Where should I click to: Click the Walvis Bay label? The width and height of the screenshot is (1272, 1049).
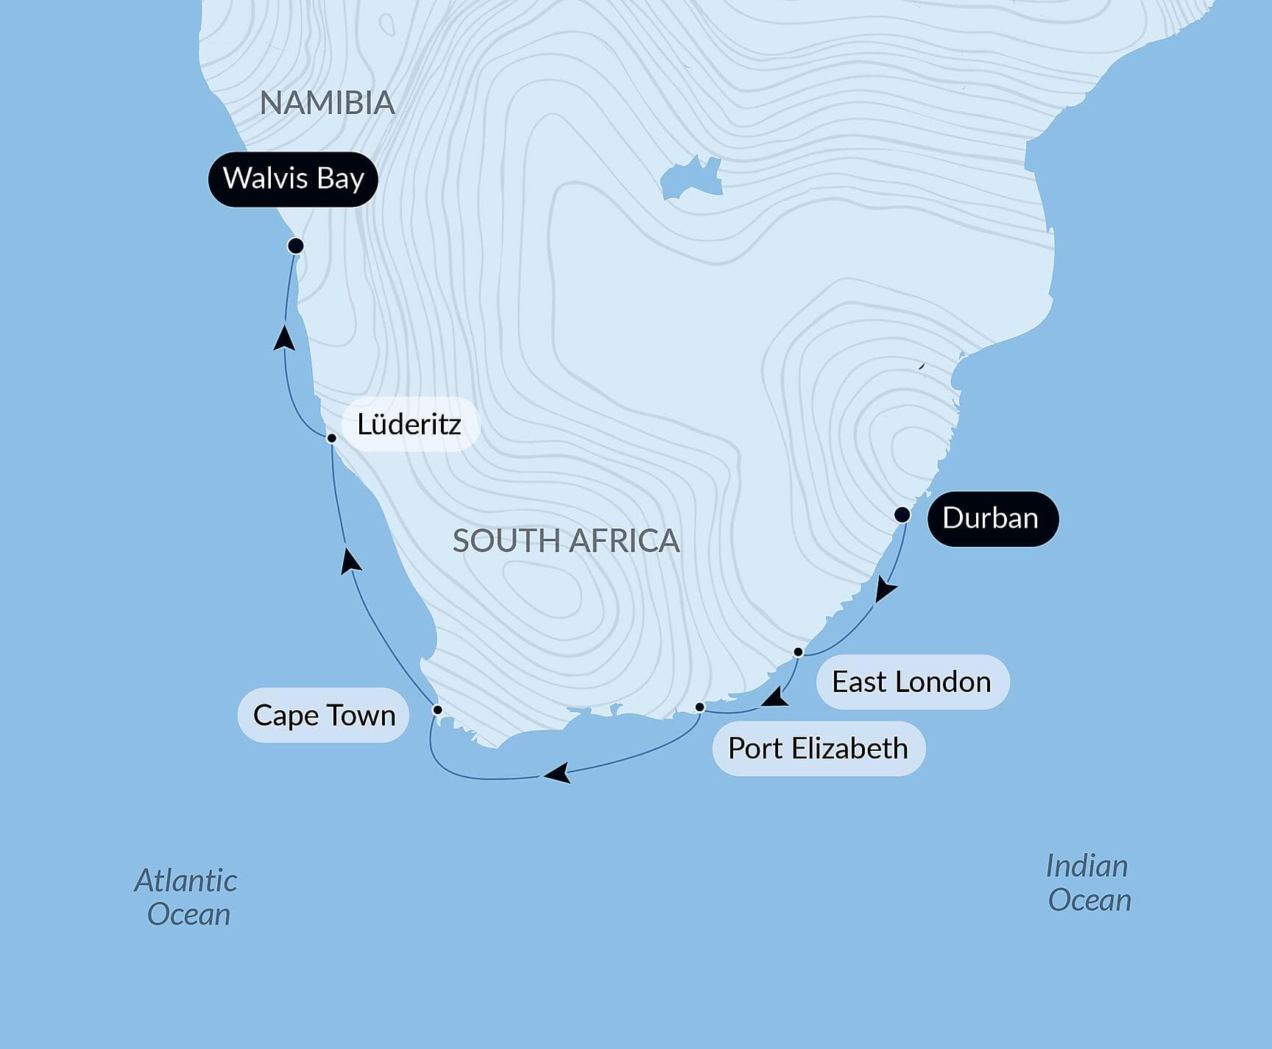(x=293, y=179)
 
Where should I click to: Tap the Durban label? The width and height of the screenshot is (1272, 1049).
(x=992, y=518)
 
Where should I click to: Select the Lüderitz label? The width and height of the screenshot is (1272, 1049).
(x=409, y=424)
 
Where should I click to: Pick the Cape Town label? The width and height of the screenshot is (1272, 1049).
(x=324, y=715)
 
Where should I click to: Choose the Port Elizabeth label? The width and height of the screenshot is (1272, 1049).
(x=818, y=748)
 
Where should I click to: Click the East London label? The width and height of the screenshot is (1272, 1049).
(x=911, y=682)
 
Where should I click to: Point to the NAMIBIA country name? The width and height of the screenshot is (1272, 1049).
(x=328, y=103)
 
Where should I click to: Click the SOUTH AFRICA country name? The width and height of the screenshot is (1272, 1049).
(x=565, y=541)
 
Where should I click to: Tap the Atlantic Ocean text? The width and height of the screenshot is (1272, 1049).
(x=187, y=897)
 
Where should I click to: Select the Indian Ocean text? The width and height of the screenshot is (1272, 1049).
(x=1089, y=883)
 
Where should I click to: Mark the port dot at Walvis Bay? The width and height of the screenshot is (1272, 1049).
(x=296, y=245)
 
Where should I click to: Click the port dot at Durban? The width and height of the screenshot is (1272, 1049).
(x=902, y=515)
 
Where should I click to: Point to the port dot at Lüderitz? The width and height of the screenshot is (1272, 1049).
(x=331, y=438)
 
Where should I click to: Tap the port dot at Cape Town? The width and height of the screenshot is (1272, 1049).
(x=437, y=710)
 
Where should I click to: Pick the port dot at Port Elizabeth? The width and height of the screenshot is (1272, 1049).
(x=700, y=707)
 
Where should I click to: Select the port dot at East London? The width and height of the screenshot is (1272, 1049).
(x=798, y=652)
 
